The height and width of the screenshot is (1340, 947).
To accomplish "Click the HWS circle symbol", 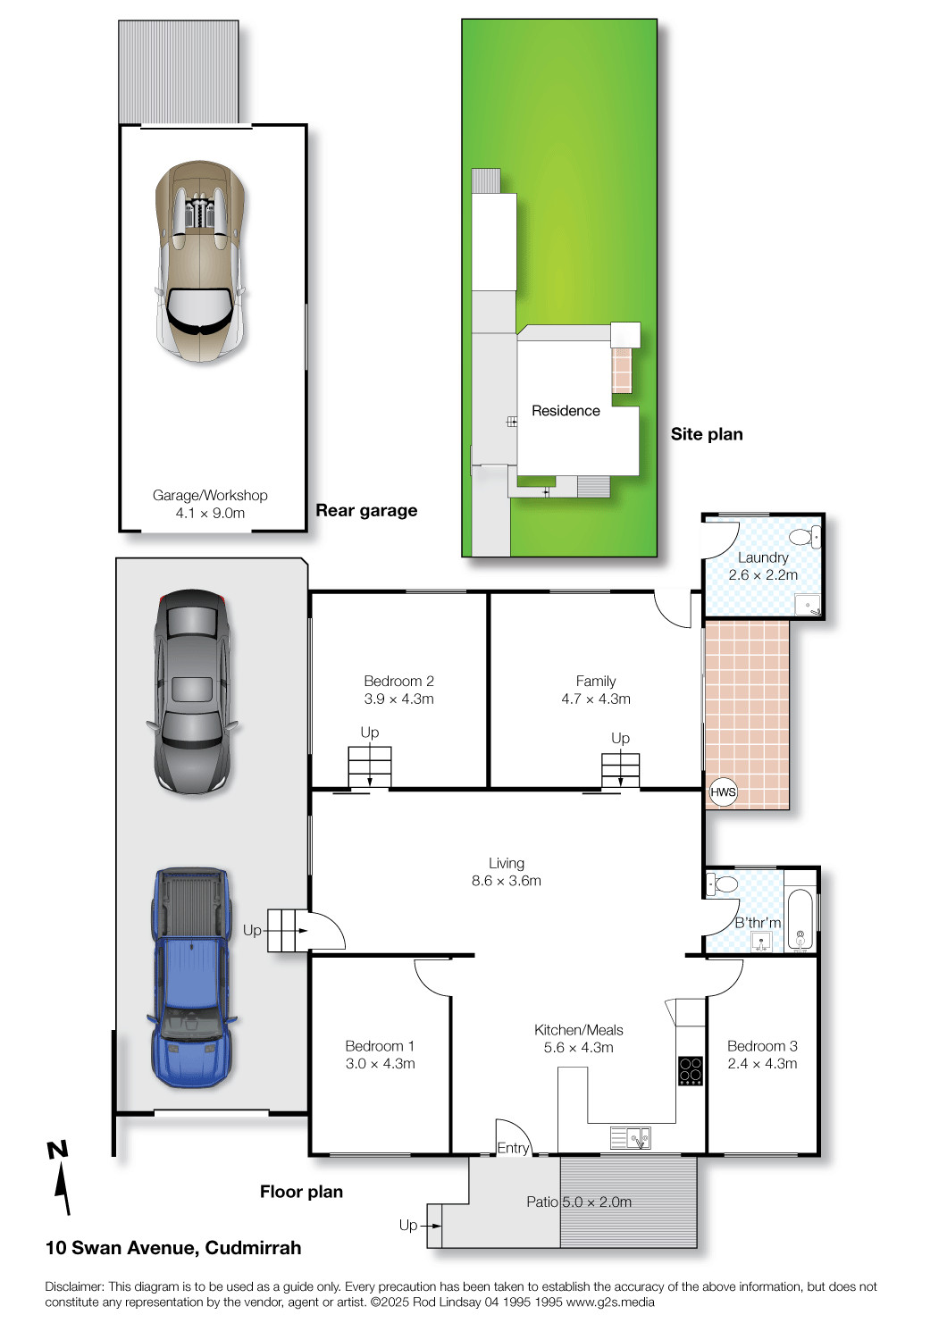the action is point(723,792).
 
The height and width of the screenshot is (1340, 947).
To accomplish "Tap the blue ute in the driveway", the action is point(191,977).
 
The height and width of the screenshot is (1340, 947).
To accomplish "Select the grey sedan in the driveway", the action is point(191,691).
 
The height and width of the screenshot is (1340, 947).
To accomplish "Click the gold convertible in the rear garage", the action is point(200,262).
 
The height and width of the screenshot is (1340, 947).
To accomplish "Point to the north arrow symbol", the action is point(61,1177).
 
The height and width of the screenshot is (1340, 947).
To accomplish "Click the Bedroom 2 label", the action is point(399,681).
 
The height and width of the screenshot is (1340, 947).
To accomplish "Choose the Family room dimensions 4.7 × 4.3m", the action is point(596,699).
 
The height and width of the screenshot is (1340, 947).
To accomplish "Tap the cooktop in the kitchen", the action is point(691,1071).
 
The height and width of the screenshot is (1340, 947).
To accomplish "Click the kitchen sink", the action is point(631,1138).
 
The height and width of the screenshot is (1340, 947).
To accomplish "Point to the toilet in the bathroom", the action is point(722,884).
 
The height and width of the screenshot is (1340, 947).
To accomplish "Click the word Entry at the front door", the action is point(514,1148).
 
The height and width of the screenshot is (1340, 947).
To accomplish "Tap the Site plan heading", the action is point(707,434).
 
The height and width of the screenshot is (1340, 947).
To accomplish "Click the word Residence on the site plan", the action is point(566,411).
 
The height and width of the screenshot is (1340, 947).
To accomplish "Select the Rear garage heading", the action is point(366,510).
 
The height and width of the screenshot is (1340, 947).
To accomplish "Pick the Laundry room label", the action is point(763,557).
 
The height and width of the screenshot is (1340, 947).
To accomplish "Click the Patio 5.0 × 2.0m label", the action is point(579,1202).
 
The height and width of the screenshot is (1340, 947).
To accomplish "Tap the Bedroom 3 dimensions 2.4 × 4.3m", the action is point(763,1064).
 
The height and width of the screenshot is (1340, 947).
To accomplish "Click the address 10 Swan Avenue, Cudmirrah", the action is point(173,1248).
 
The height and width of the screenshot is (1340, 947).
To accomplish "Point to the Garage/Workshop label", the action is point(210,495).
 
